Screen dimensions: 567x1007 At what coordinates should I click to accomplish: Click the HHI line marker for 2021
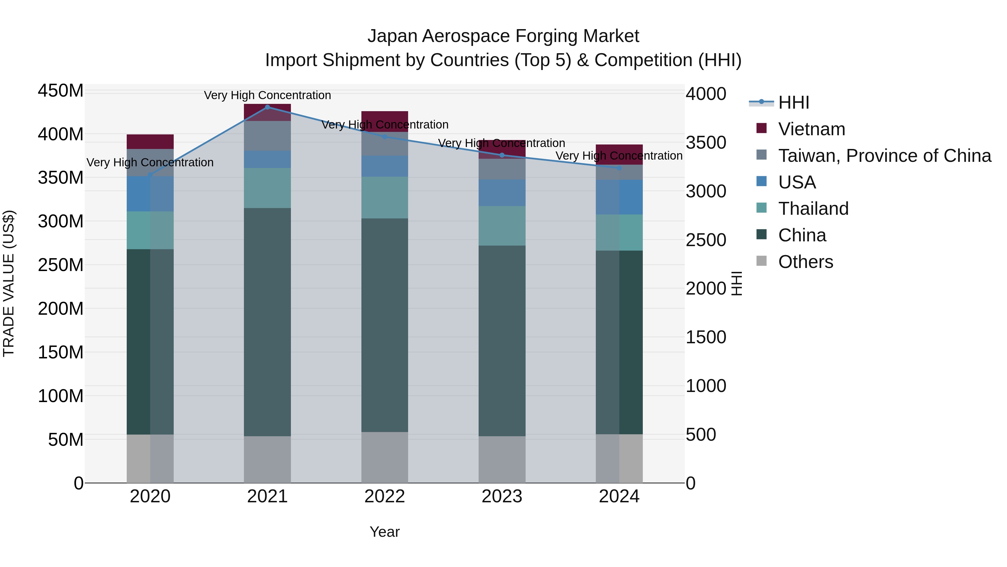coord(267,107)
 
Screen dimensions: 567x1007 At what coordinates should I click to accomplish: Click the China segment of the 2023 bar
coord(502,340)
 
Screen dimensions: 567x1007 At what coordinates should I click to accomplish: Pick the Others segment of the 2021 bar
coord(267,459)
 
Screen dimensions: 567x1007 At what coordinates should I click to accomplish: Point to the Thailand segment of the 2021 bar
coord(267,188)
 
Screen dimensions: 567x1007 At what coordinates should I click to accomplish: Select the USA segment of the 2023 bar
coord(502,193)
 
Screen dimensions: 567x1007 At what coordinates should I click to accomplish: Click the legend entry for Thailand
coord(813,209)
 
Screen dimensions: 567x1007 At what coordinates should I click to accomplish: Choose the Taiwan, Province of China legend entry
coord(884,156)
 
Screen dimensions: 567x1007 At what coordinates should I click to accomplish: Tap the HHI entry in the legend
coord(793,102)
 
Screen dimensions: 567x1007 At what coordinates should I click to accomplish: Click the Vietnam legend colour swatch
coord(761,128)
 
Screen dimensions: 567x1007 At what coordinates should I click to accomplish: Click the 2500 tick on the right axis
coord(706,240)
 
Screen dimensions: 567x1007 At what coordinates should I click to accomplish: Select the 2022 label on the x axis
coord(385,496)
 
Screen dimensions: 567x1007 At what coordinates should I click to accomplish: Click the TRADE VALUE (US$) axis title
coord(9,283)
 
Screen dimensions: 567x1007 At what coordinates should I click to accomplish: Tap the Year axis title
coord(385,532)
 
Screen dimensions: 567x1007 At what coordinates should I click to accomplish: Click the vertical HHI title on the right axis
coord(737,283)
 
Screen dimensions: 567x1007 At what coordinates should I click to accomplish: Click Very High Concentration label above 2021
coord(267,95)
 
